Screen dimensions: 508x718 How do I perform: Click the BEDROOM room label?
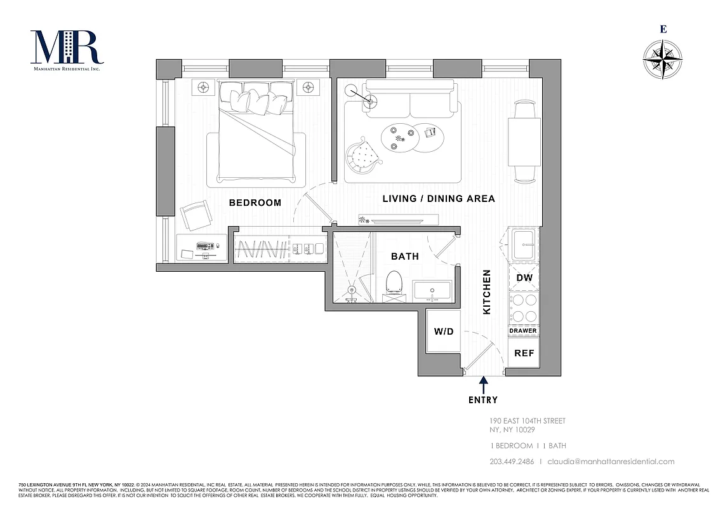[255, 203]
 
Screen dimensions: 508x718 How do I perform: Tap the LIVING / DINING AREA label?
[438, 199]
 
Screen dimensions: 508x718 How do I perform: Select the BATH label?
[404, 257]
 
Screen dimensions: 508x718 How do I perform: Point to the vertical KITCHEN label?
[488, 292]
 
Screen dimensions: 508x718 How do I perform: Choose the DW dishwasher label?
[524, 277]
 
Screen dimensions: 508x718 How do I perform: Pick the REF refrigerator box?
[524, 353]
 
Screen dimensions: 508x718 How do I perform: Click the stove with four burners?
[524, 308]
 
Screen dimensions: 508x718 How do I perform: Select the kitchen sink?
[524, 244]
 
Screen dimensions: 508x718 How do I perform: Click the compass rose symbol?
[663, 60]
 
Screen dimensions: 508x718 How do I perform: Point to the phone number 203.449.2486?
[512, 462]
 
